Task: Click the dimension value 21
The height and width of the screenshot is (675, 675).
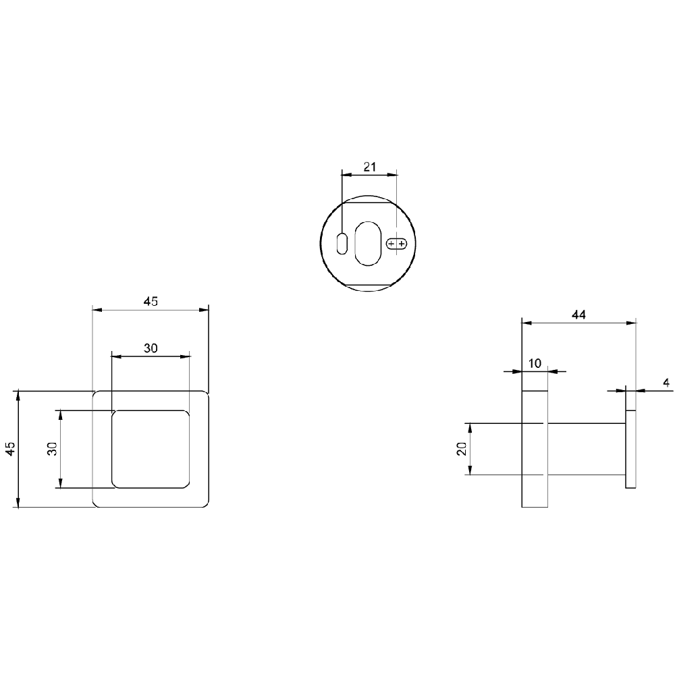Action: click(370, 167)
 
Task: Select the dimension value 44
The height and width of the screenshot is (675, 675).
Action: click(578, 315)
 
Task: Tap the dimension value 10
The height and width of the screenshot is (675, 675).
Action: click(535, 363)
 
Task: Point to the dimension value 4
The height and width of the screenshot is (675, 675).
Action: click(666, 383)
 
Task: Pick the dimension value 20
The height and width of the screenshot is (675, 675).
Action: click(462, 449)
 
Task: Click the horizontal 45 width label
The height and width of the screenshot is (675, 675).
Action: click(151, 301)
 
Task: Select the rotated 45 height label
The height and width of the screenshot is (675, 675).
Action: click(10, 449)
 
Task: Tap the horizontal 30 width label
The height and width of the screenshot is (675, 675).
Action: click(151, 348)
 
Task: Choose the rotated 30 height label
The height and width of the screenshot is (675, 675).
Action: click(52, 449)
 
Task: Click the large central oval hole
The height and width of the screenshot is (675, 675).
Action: click(368, 243)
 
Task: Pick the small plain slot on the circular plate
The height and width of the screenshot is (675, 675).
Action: click(342, 243)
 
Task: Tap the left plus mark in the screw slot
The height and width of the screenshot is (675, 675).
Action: click(391, 244)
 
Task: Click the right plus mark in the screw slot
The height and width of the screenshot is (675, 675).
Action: click(402, 244)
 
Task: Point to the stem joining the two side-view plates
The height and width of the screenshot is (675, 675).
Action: click(587, 449)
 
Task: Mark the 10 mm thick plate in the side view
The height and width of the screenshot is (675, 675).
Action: click(535, 449)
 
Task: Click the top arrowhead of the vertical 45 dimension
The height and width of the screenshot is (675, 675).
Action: click(18, 395)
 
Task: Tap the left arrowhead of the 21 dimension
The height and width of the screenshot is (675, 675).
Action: click(346, 174)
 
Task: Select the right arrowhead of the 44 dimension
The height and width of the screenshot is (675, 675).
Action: click(631, 323)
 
